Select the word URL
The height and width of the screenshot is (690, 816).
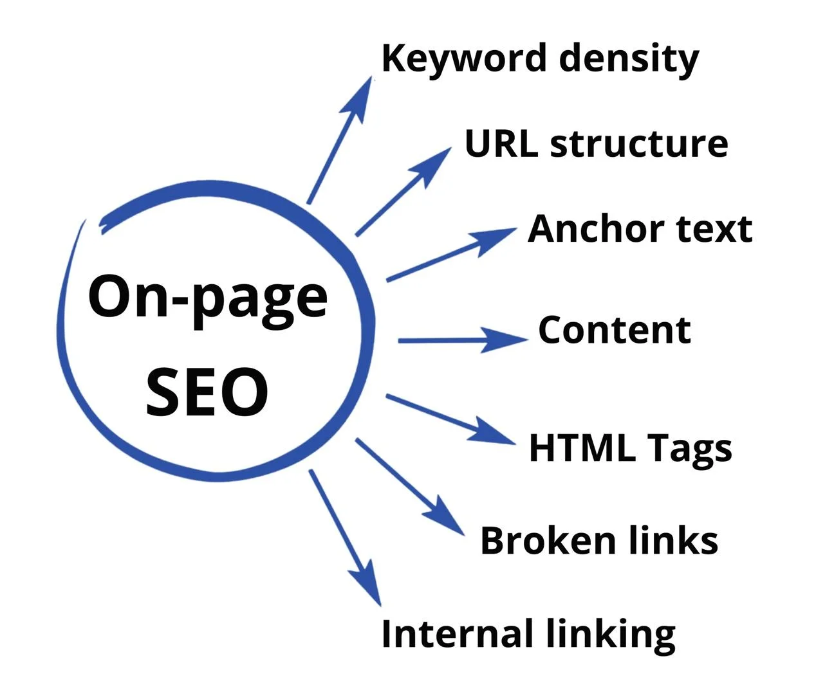pos(501,143)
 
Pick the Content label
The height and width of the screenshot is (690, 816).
pos(615,330)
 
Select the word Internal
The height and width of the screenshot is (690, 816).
pos(458,633)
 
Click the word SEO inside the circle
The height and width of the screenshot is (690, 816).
pos(207,392)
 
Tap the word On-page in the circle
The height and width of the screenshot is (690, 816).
pos(208,300)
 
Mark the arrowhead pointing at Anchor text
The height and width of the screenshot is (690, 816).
pos(494,239)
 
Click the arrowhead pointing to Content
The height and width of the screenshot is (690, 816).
pos(503,340)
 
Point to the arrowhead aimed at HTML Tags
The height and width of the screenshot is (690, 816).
pos(492,433)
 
